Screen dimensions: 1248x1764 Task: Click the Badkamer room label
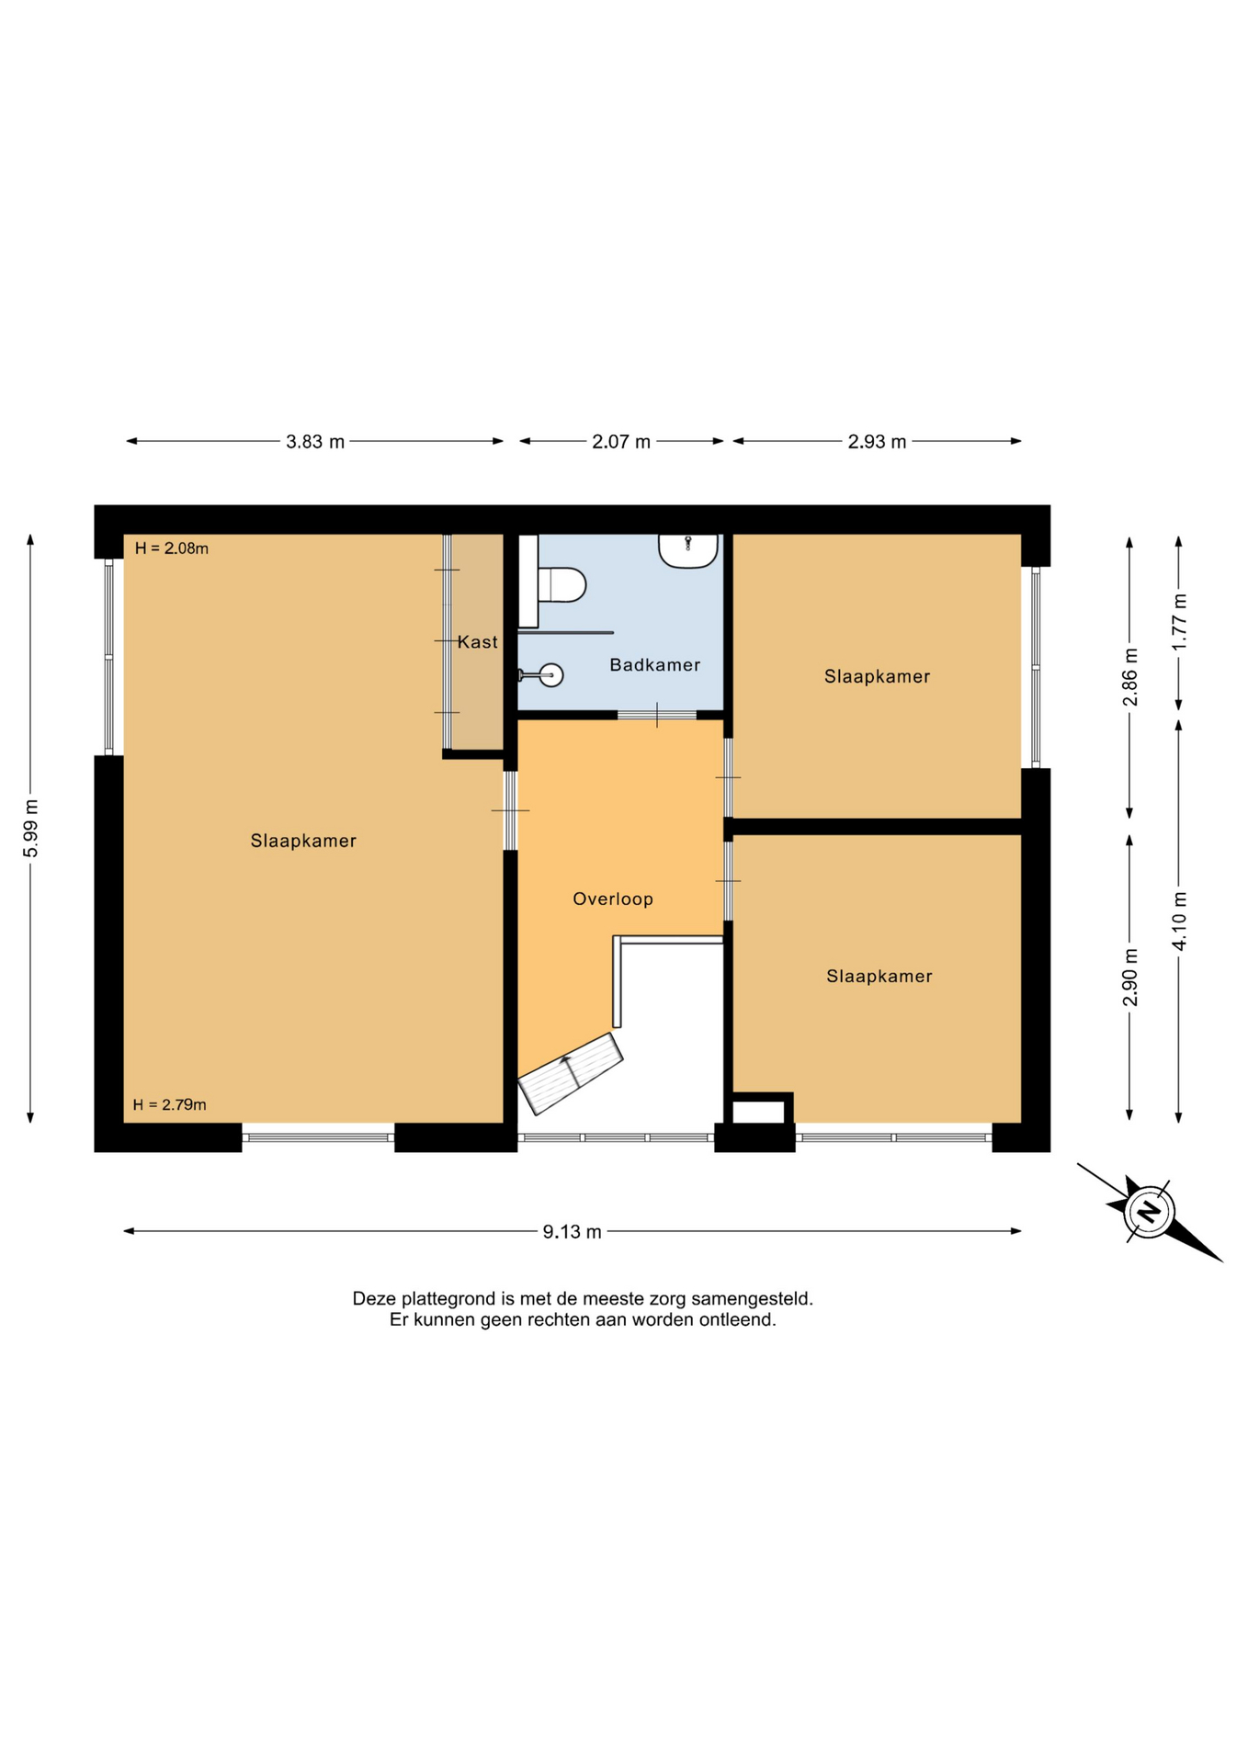(654, 664)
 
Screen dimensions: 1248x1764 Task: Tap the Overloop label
(613, 899)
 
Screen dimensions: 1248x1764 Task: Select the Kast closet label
(478, 641)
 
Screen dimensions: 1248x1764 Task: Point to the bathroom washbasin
(687, 551)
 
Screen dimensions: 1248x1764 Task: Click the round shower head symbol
(550, 675)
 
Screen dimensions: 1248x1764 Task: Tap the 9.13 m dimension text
(572, 1231)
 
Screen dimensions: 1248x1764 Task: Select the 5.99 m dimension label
(30, 828)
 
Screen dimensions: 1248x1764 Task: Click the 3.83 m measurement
(315, 442)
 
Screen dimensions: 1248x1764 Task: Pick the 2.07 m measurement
(621, 442)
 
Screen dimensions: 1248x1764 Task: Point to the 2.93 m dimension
(877, 442)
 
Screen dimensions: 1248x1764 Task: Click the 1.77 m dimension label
(1179, 622)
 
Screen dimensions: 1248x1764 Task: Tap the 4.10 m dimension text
(1179, 921)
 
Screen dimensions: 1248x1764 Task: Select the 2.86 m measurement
(1129, 677)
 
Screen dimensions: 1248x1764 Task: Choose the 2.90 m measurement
(1129, 977)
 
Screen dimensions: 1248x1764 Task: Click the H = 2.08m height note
(172, 548)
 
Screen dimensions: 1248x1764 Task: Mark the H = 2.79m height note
(169, 1104)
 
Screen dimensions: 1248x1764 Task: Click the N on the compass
(1149, 1212)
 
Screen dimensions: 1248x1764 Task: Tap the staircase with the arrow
(571, 1073)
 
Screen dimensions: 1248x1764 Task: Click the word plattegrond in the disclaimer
(448, 1299)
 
